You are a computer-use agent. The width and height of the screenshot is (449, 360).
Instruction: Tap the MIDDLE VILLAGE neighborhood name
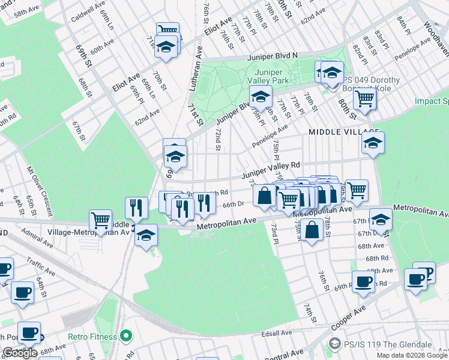click(344, 132)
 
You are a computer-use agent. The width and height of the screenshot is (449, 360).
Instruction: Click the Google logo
click(20, 353)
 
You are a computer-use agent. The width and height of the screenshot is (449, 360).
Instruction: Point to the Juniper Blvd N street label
click(273, 56)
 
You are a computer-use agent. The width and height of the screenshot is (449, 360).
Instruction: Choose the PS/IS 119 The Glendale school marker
click(334, 344)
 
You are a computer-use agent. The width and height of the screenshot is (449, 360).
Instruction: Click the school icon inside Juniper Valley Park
click(260, 96)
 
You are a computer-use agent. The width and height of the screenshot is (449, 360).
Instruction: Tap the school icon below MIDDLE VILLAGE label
click(373, 143)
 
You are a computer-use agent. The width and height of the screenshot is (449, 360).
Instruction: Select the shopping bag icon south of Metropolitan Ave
click(312, 229)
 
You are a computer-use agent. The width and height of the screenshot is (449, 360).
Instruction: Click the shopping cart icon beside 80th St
click(364, 98)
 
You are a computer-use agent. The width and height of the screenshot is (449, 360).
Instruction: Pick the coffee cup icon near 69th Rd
click(363, 281)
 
